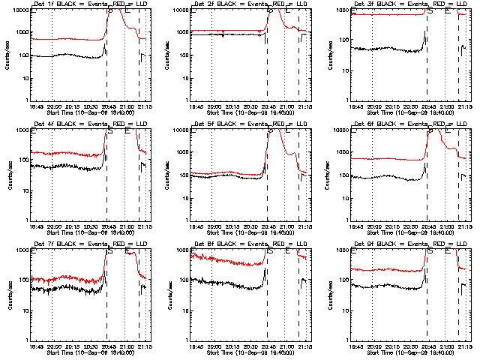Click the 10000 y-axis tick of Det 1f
17,10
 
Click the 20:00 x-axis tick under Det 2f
214,106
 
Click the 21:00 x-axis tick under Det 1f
126,106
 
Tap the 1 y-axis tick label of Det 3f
346,100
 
